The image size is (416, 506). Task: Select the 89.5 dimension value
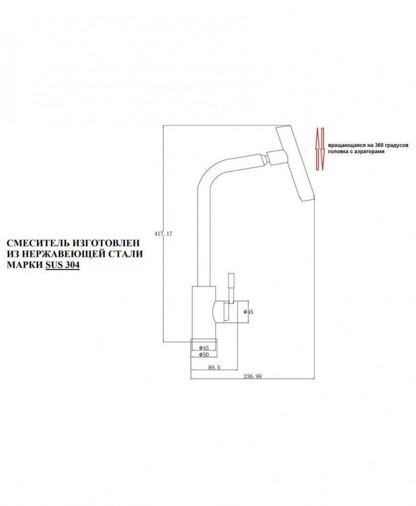pos(214,367)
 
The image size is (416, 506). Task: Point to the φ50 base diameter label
pos(204,355)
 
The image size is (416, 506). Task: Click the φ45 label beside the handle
pos(248,311)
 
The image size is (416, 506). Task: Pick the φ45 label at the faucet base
pos(204,347)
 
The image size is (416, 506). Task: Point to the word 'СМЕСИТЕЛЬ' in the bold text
pos(37,244)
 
